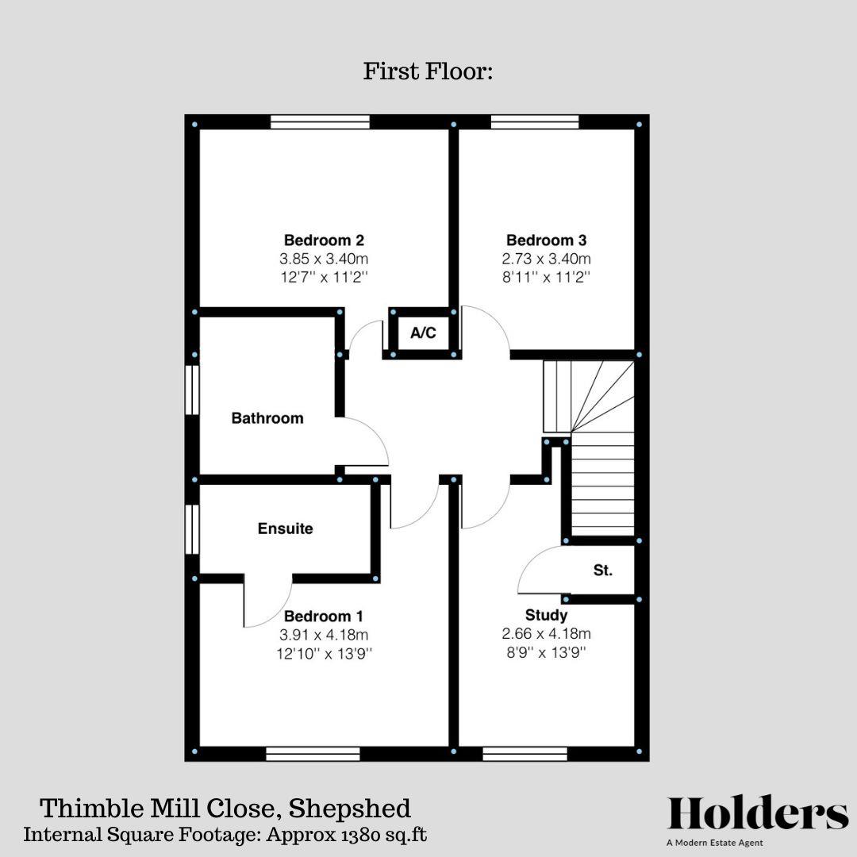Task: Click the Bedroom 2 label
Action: (x=324, y=240)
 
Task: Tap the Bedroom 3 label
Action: (x=546, y=240)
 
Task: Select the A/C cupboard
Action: (x=423, y=333)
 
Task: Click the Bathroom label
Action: (x=267, y=418)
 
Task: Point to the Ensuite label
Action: (x=285, y=528)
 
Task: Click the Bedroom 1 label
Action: (x=324, y=616)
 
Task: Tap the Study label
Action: (x=546, y=615)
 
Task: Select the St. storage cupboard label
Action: (x=603, y=570)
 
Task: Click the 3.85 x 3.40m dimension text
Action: (x=324, y=259)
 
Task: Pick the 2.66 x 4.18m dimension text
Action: (x=546, y=634)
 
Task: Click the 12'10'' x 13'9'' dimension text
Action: (x=324, y=654)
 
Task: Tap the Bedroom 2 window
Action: (x=320, y=122)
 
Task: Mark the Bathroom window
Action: (x=191, y=389)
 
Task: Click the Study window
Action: (x=525, y=753)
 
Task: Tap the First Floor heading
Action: (x=428, y=71)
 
